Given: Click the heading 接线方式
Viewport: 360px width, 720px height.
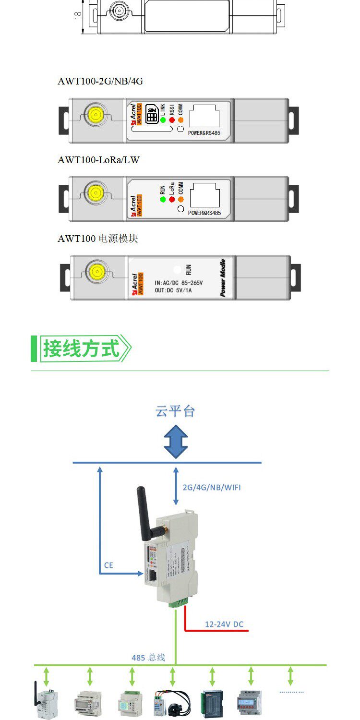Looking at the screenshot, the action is coord(81,348).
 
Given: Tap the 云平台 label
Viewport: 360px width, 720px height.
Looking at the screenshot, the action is coord(175,411).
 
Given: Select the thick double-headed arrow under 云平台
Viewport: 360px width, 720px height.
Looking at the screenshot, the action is coord(176,441).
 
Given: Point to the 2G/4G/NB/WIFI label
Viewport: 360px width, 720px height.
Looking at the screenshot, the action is coord(212,487).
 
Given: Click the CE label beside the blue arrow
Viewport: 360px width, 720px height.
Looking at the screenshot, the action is coord(109,565).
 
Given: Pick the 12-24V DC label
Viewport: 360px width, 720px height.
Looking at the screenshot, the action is coord(224,624).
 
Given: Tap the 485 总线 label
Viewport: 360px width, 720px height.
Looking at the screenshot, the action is coord(148,657).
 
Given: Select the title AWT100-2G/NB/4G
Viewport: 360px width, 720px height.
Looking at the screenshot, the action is coord(100,81).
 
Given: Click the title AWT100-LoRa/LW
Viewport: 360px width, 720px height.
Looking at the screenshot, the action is coord(98,160).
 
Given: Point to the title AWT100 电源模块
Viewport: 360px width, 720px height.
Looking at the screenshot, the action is coord(98,239).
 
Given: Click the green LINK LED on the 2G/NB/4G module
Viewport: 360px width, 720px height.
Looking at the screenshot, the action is coord(163,120).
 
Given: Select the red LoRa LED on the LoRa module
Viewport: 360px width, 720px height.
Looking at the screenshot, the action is coord(171,199).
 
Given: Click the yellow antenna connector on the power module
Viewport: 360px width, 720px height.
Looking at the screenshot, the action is coord(93,272).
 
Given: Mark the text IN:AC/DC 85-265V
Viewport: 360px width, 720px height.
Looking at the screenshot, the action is coord(179,283).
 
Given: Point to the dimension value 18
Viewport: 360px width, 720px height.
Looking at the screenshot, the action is coord(78,16).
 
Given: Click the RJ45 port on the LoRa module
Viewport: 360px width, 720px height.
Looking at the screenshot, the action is coord(204,195).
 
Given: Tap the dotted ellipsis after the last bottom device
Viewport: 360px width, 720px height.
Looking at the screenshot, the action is coord(292,692).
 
